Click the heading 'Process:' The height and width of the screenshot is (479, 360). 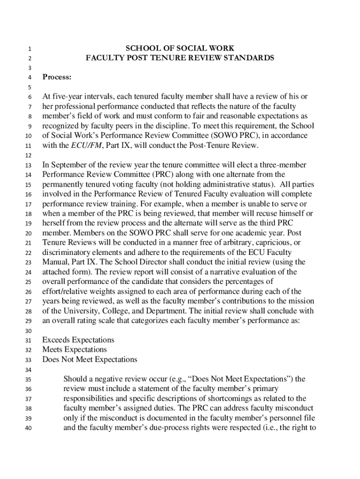[x=57, y=77]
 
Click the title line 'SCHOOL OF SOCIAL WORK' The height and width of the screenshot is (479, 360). [x=180, y=48]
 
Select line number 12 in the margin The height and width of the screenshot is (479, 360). [x=28, y=155]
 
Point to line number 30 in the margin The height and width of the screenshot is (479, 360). [x=28, y=331]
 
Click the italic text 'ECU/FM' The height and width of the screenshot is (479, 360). [x=72, y=145]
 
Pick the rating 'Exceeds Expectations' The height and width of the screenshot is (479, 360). [x=78, y=340]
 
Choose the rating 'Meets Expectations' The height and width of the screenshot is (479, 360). [x=74, y=349]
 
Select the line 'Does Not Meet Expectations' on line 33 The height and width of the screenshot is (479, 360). [x=90, y=359]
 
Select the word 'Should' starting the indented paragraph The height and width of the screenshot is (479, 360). [x=75, y=379]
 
